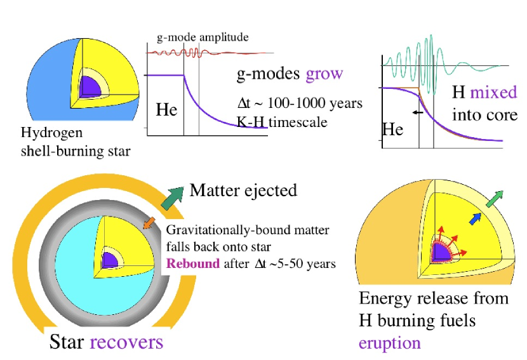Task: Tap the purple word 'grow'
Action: (x=324, y=74)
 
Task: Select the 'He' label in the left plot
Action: (x=166, y=110)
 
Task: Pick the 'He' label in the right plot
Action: (x=392, y=130)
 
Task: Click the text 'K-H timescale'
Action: (x=282, y=122)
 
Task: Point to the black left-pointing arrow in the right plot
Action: (x=417, y=112)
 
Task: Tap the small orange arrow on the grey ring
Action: (x=149, y=222)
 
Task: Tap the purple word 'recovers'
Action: (x=126, y=342)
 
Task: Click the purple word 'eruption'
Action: (x=389, y=343)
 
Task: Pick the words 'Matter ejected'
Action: (x=243, y=190)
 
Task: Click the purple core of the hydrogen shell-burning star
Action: (x=86, y=85)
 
